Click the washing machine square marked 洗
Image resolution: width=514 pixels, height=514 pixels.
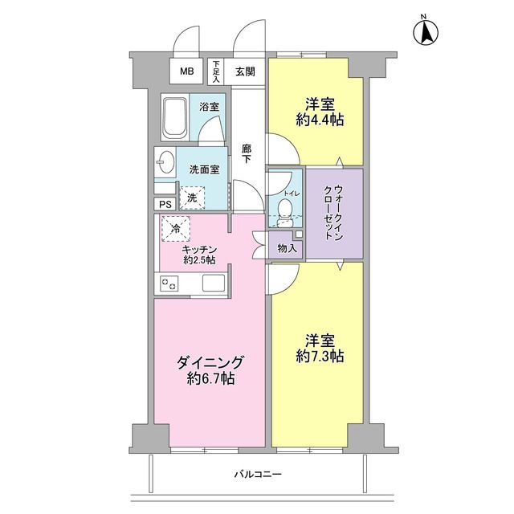point(192,197)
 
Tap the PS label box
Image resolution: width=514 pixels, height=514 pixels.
point(165,205)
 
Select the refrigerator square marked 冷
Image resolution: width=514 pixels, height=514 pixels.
point(176,229)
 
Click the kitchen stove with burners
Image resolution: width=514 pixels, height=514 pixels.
point(171,283)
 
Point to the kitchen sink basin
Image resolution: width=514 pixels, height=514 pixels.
point(214,283)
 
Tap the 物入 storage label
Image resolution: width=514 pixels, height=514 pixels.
point(287,248)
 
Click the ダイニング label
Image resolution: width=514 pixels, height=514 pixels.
point(209,361)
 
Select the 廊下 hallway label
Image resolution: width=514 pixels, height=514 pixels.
point(247,153)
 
